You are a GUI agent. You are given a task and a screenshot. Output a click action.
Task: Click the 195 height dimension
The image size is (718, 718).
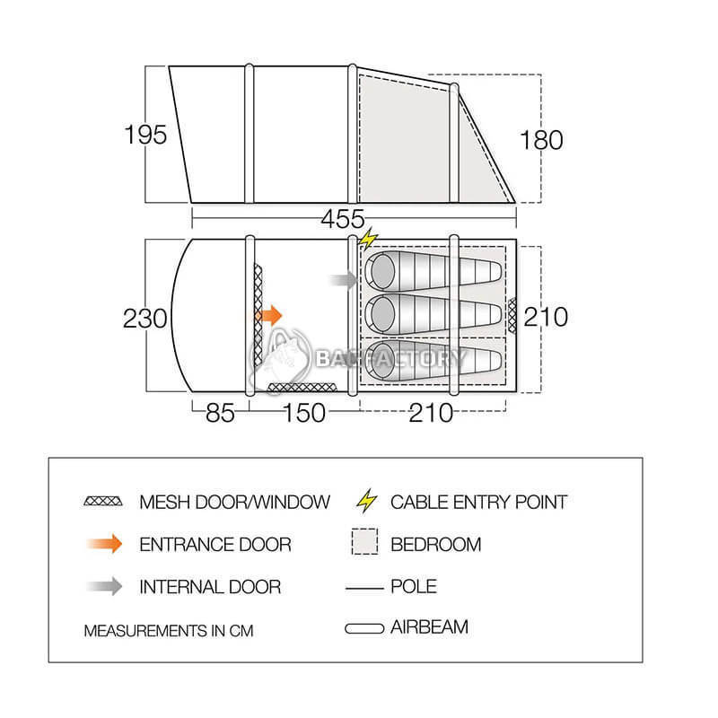[x=146, y=135]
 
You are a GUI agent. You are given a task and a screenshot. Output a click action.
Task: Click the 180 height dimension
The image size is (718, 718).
[x=541, y=140]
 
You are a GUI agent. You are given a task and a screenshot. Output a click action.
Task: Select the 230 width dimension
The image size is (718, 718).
[x=146, y=318]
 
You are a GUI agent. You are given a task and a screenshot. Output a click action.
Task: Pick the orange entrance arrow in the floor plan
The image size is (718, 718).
[x=269, y=315]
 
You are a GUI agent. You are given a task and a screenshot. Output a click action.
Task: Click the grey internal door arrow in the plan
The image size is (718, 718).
[x=343, y=280]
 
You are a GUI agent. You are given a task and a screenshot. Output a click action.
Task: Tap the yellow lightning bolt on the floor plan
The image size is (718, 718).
[x=367, y=240]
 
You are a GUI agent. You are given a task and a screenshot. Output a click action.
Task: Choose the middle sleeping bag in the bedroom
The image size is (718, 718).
[x=433, y=312]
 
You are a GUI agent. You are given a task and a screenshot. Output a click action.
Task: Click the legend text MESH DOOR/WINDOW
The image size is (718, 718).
[x=234, y=502]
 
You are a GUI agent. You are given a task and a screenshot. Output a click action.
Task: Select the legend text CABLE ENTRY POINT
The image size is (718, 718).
[x=478, y=502]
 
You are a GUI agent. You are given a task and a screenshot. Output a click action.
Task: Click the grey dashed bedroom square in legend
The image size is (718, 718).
[x=364, y=544]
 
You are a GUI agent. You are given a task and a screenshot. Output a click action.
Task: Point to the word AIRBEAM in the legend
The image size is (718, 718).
[x=429, y=626]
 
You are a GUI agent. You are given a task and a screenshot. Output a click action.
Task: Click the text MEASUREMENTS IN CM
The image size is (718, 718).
[x=169, y=630]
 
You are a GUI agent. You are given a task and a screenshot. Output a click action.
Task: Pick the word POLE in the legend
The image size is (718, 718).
[x=414, y=586]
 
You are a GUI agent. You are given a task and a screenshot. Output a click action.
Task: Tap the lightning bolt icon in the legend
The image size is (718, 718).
[x=365, y=501]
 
